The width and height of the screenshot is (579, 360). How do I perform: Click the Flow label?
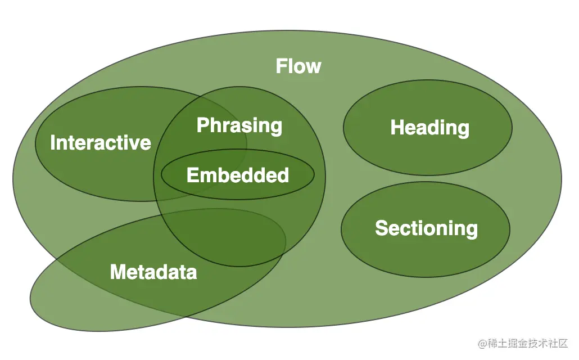click(x=298, y=66)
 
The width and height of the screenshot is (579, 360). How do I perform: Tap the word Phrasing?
click(x=239, y=125)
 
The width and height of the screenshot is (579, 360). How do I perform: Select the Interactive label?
click(x=101, y=143)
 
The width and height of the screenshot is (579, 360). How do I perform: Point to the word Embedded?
click(x=238, y=175)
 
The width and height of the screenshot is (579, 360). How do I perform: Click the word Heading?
click(x=430, y=128)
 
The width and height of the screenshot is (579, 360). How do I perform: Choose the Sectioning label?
click(x=426, y=228)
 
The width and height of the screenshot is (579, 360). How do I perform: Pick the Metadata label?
click(x=153, y=272)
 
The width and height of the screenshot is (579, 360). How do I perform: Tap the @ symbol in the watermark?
click(x=482, y=343)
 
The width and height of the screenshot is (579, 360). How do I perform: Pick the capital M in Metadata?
click(x=117, y=272)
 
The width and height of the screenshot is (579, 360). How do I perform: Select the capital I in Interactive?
click(x=53, y=143)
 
